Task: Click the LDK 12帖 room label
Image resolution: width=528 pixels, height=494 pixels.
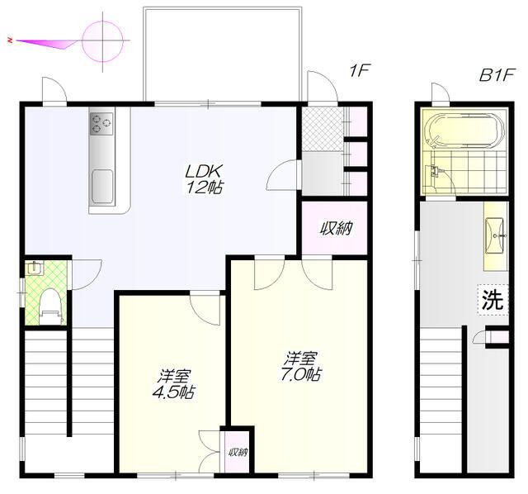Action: click(x=204, y=179)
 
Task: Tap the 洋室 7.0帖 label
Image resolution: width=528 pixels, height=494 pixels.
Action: click(x=300, y=367)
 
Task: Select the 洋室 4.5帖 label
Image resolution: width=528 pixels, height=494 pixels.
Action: click(x=174, y=384)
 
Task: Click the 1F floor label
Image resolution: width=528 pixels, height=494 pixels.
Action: click(x=360, y=71)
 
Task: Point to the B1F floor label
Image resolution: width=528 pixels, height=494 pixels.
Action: click(x=497, y=75)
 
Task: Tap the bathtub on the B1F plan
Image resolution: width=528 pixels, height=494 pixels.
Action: click(x=464, y=131)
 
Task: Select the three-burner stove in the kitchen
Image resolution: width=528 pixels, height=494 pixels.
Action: click(x=101, y=124)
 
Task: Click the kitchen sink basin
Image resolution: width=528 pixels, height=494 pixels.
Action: click(x=102, y=186)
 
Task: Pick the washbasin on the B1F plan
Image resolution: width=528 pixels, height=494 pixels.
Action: click(x=495, y=235)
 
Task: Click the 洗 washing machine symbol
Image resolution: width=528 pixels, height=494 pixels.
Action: click(x=493, y=300)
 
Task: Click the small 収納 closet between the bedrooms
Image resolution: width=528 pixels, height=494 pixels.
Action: click(x=238, y=452)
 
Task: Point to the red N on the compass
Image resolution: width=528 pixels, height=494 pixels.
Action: click(x=10, y=40)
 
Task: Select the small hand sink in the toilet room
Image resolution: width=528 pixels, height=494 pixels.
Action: click(x=34, y=268)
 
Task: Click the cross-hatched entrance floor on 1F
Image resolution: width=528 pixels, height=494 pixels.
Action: click(x=323, y=129)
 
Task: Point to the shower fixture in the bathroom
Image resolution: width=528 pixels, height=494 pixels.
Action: click(x=435, y=171)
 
